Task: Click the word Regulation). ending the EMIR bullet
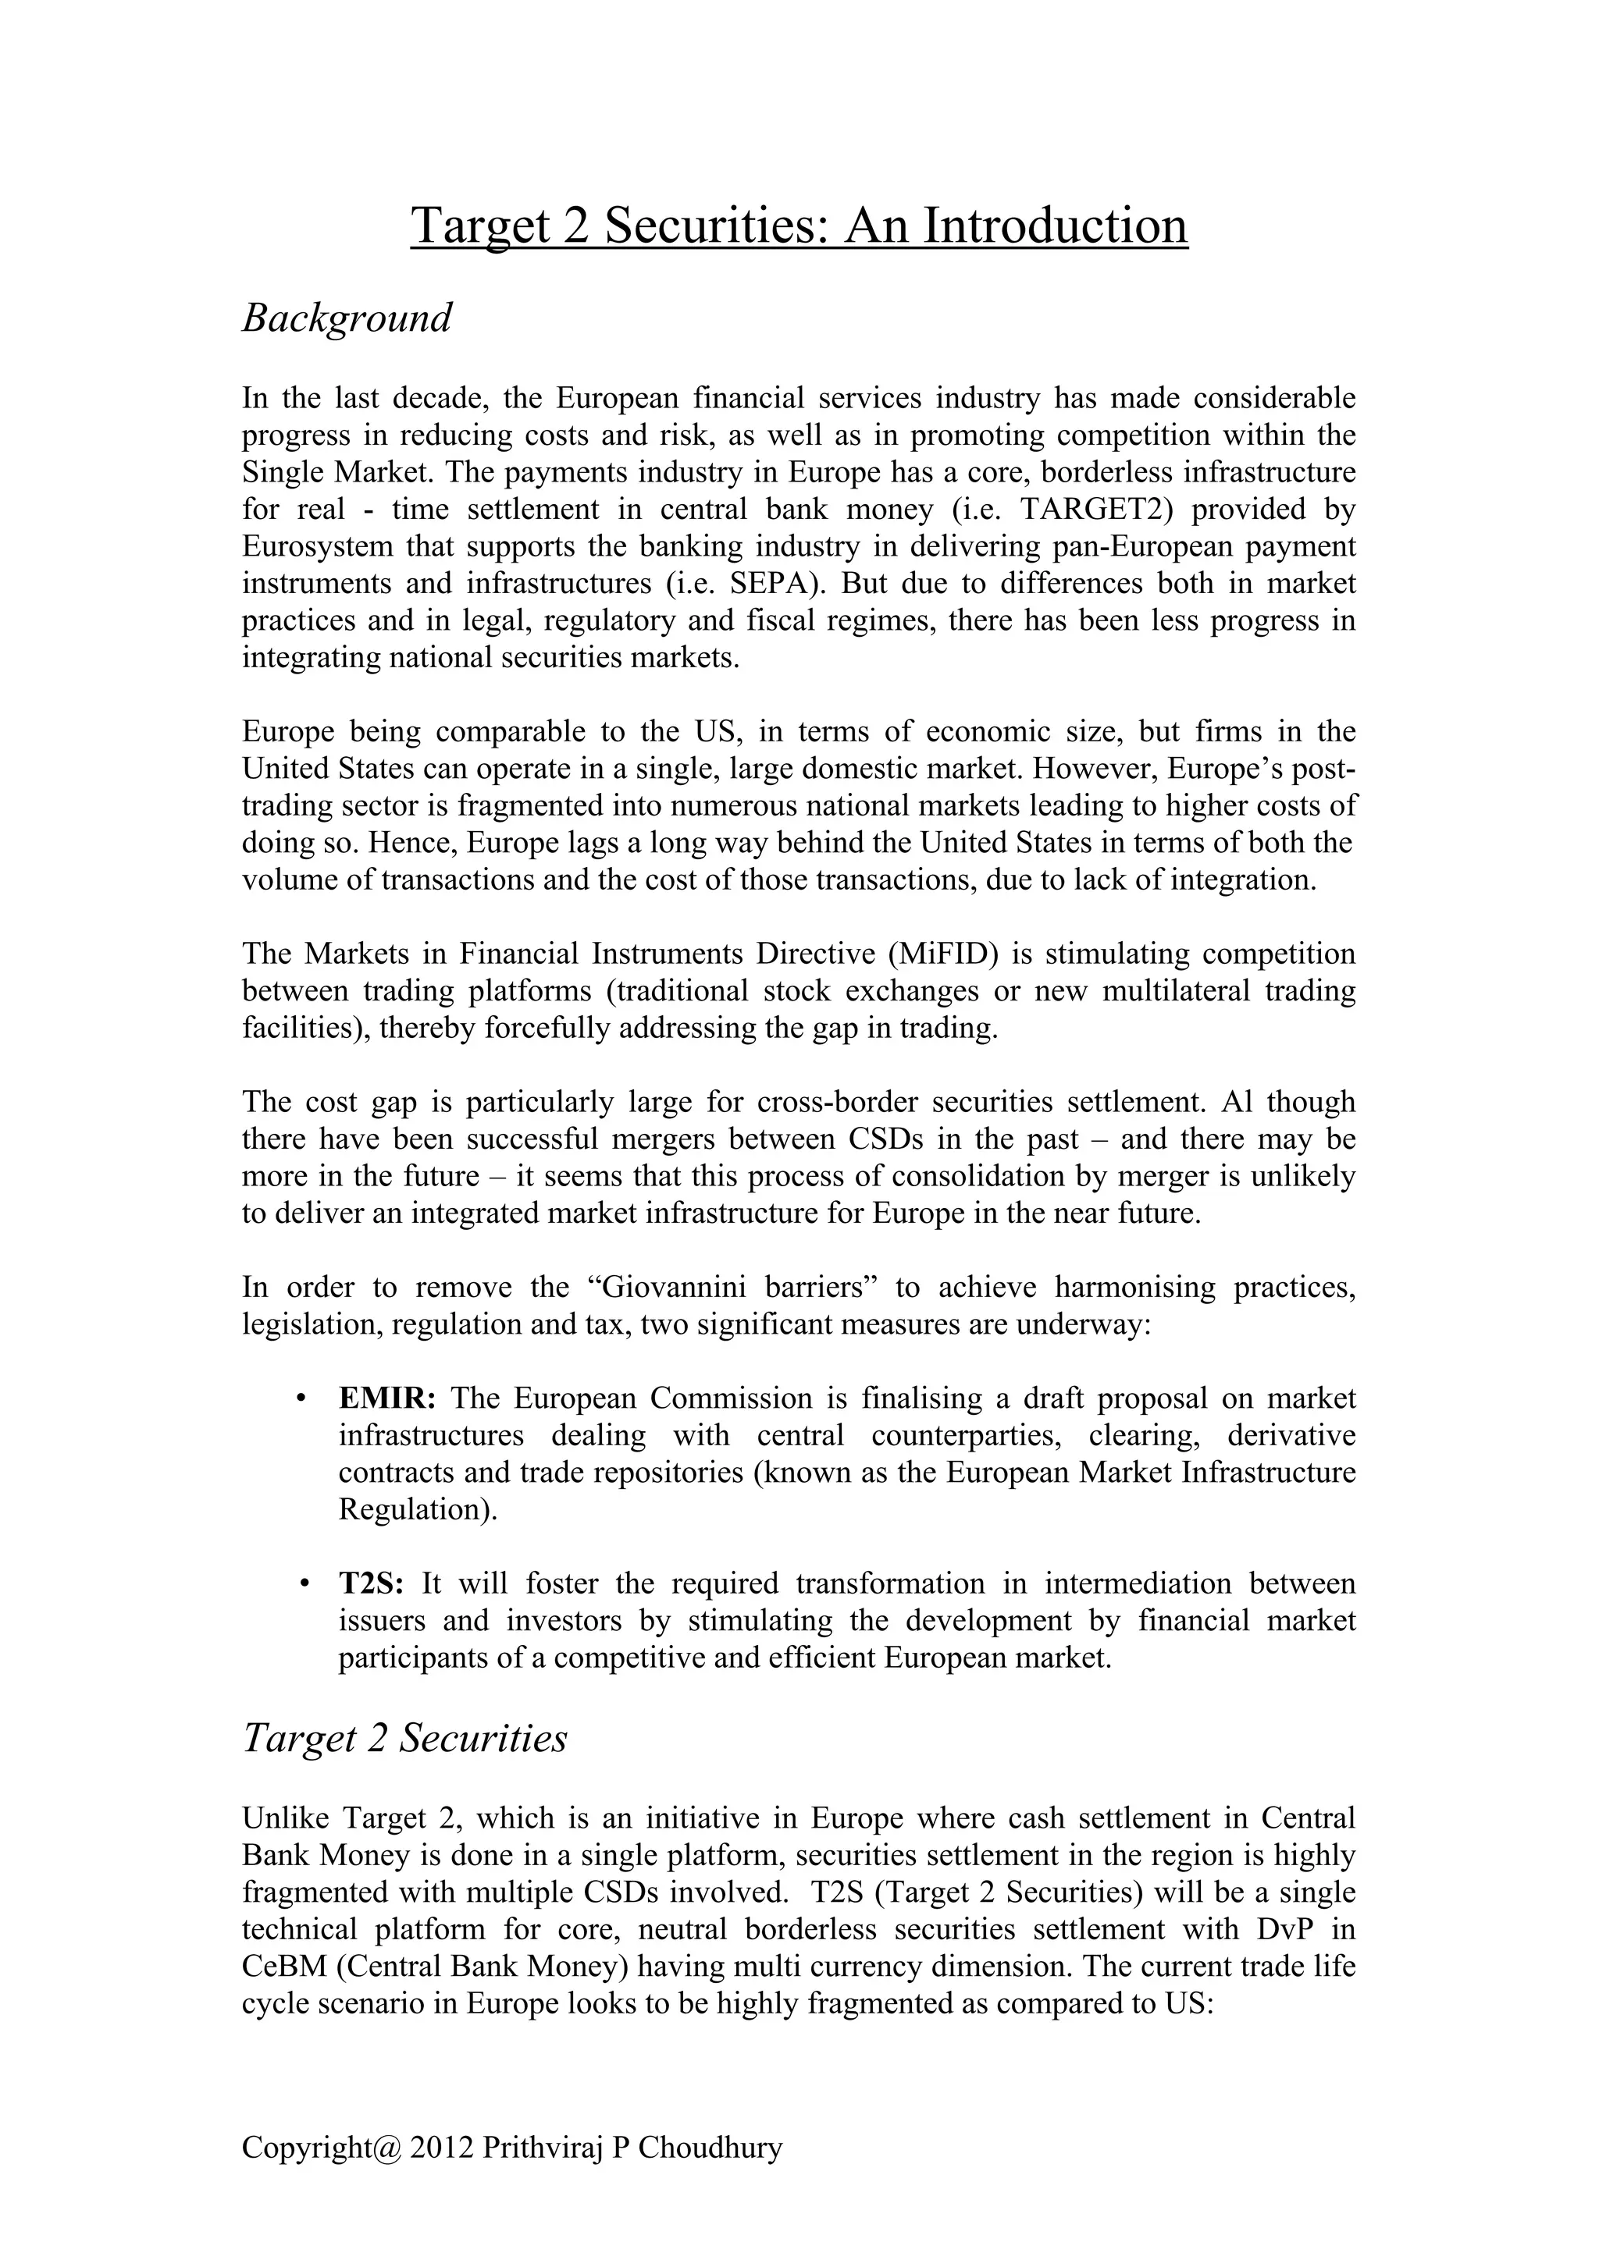tap(418, 1510)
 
